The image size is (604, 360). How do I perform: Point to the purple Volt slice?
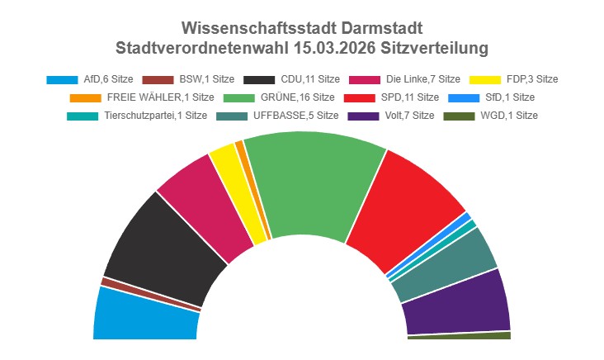click(x=458, y=301)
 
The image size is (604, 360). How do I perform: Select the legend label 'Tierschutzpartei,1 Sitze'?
click(x=156, y=116)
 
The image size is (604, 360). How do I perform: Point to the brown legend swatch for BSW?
click(x=157, y=79)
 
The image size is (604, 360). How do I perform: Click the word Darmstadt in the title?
click(x=380, y=29)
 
